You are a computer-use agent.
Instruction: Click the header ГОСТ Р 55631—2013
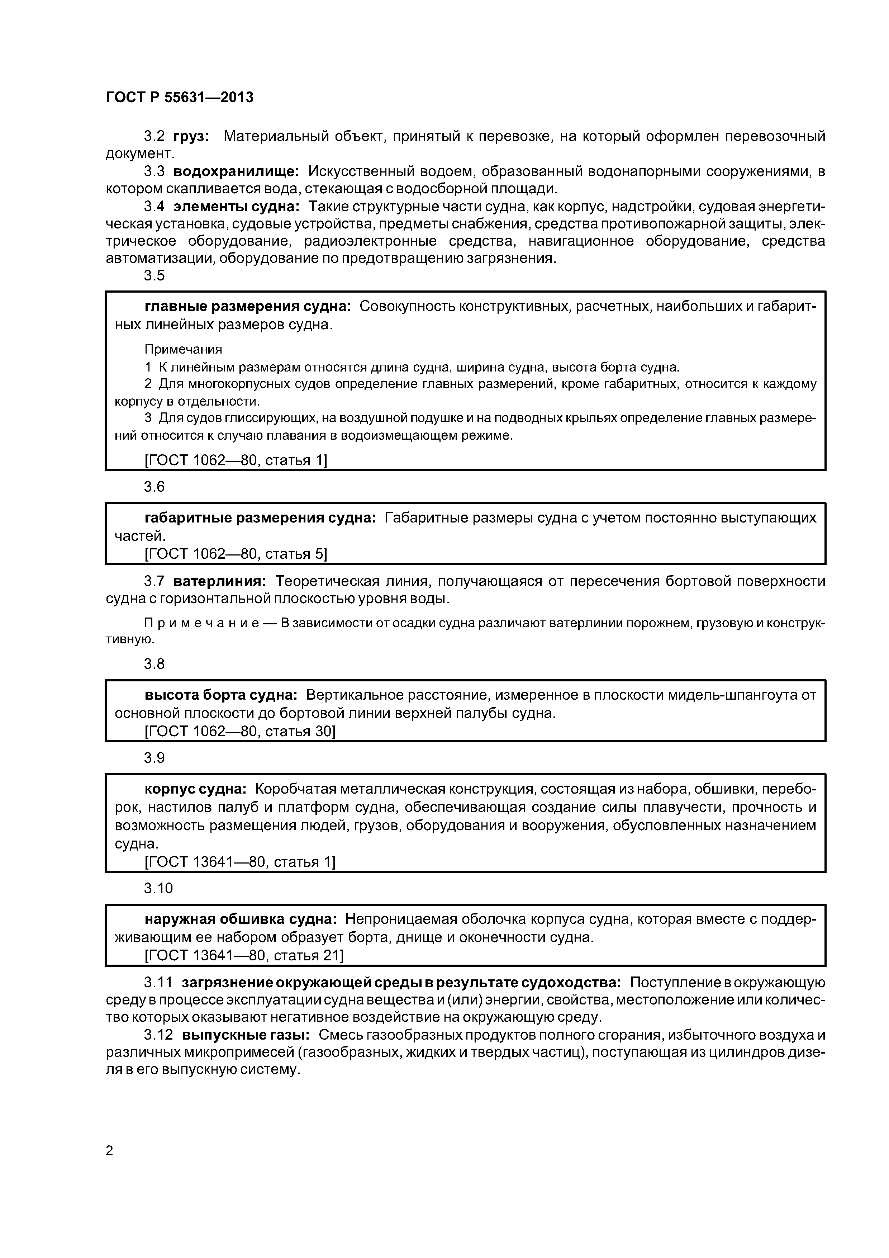coord(179,98)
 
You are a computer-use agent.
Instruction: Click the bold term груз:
coord(191,136)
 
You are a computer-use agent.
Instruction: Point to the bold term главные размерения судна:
coord(248,306)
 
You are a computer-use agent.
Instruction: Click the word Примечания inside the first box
coord(183,349)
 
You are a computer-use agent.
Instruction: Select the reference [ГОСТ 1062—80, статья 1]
coord(236,460)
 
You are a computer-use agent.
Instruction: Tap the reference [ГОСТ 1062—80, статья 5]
coord(236,554)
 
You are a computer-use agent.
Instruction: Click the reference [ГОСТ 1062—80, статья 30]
coord(239,732)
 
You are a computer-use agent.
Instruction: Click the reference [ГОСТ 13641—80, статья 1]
coord(239,862)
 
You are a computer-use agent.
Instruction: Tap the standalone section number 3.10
coord(158,888)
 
